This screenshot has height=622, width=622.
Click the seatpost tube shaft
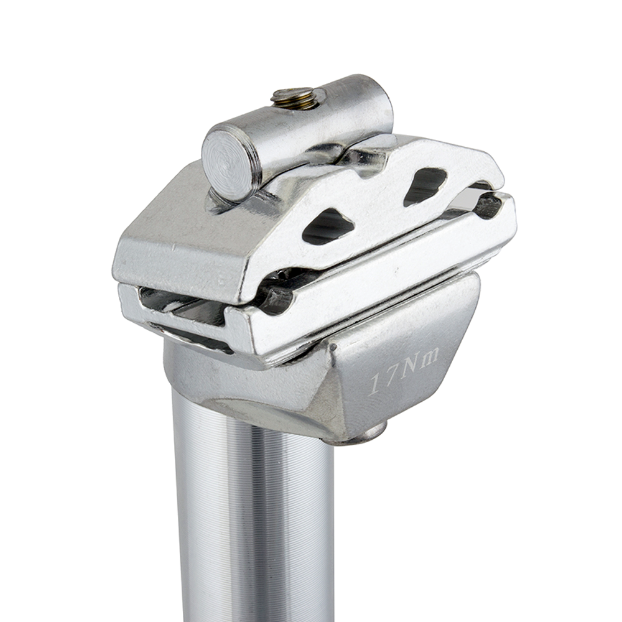pyautogui.click(x=255, y=529)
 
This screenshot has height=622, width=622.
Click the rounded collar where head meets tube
pyautogui.click(x=249, y=398)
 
